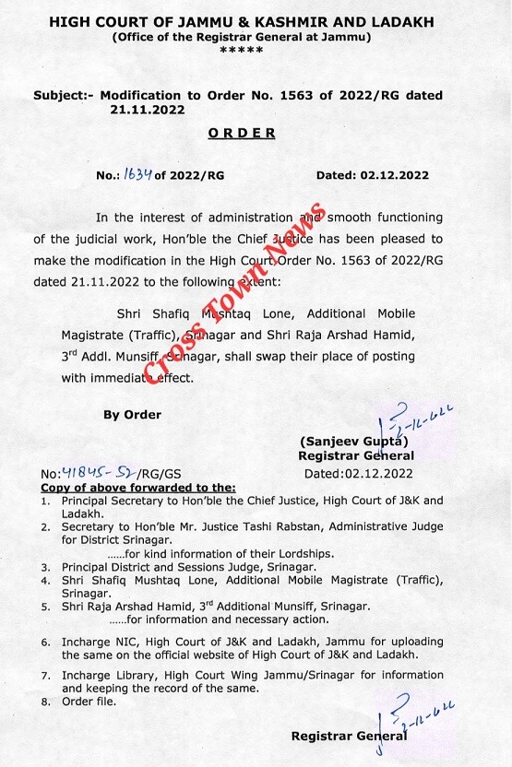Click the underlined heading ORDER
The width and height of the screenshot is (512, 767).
coord(241,133)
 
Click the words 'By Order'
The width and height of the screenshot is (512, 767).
coord(131,415)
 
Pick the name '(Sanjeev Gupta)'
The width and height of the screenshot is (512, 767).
coord(354,440)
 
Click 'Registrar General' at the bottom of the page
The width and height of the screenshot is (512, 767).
coord(349,736)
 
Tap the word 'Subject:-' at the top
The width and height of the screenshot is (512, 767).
coord(62,96)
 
